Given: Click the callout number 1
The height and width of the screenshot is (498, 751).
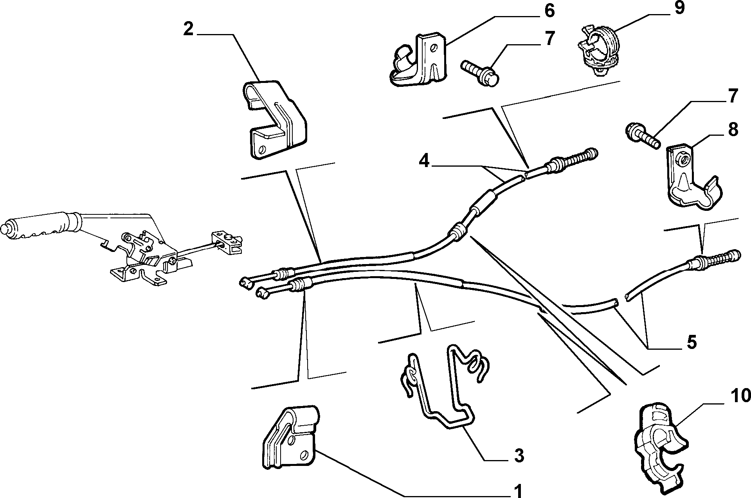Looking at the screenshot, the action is (518, 490).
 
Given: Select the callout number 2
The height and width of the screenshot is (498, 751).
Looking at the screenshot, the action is (189, 29).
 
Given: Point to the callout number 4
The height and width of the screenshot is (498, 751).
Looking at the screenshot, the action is (424, 161).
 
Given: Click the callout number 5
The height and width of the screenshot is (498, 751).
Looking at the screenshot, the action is (692, 342).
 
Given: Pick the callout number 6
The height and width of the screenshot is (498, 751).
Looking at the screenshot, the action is (549, 11).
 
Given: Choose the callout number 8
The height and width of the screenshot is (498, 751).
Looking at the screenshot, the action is (733, 129).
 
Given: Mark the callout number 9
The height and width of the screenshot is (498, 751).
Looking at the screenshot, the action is (679, 7).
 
